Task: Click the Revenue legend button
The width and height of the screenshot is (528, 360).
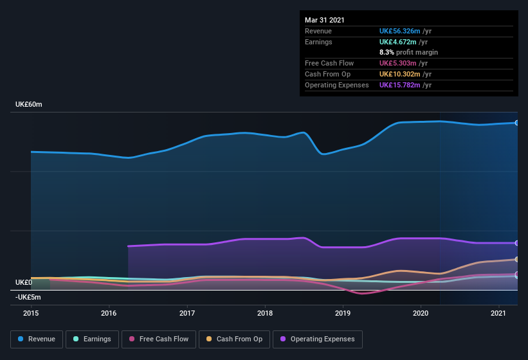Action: (x=37, y=339)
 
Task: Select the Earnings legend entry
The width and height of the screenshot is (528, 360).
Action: (x=93, y=339)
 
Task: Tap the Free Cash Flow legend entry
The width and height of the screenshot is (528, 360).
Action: (x=159, y=339)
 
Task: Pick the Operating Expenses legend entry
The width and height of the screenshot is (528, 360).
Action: (x=318, y=339)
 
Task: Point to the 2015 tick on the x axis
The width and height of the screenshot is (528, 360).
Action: (x=31, y=313)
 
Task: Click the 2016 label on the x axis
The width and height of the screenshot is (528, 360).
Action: (x=109, y=313)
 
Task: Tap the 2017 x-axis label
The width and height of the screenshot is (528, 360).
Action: (x=187, y=313)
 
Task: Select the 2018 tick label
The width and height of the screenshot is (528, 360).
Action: (x=264, y=313)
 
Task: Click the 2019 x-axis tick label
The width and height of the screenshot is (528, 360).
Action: (x=342, y=313)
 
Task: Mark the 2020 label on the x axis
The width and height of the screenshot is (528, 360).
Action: (x=420, y=313)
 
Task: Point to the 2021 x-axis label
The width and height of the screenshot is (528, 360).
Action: (x=498, y=313)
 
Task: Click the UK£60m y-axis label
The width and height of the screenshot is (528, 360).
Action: (x=28, y=104)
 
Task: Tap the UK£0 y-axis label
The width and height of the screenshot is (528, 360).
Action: (x=23, y=282)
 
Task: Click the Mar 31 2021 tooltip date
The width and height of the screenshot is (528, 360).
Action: (x=325, y=20)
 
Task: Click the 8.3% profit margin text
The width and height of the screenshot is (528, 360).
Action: (x=408, y=52)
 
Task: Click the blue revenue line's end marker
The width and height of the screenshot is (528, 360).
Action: (x=516, y=123)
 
